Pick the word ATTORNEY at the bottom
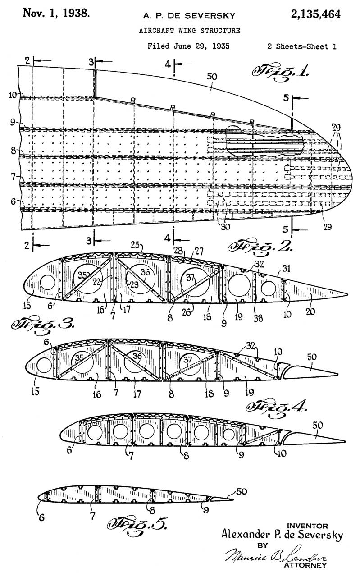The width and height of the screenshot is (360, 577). coord(306,565)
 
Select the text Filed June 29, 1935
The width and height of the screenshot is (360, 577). coord(189,46)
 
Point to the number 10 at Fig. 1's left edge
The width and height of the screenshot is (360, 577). coord(12,94)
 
